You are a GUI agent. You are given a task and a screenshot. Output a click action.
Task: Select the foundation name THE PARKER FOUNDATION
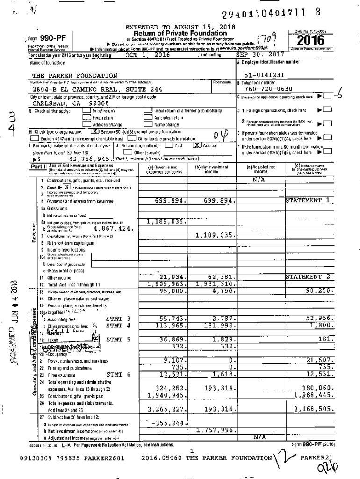tap(75, 76)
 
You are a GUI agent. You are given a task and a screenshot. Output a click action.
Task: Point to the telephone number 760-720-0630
tap(268, 89)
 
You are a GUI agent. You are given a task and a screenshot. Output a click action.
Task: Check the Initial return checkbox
tap(87, 111)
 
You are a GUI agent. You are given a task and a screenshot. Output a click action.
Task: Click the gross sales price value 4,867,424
tap(114, 229)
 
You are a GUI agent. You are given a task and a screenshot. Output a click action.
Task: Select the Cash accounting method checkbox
tap(168, 145)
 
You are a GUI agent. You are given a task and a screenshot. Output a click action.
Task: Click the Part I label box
tap(39, 166)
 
